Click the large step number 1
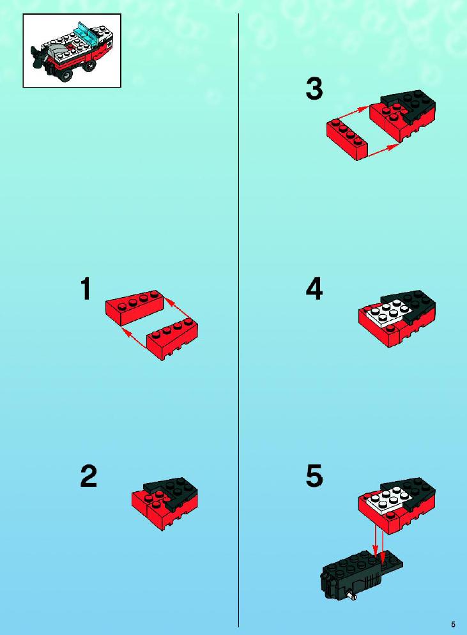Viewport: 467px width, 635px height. point(86,289)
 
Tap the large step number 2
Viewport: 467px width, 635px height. point(89,476)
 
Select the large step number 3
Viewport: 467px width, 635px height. point(314,89)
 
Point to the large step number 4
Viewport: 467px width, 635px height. point(314,289)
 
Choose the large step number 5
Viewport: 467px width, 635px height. point(314,476)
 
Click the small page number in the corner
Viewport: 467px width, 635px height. point(453,625)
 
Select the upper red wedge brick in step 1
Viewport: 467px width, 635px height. point(134,307)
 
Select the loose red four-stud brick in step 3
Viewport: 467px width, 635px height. point(347,139)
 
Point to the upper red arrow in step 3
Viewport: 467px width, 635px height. point(353,112)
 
